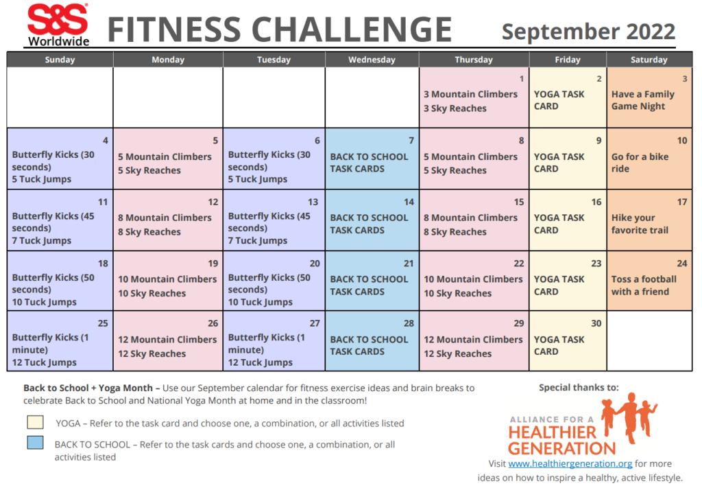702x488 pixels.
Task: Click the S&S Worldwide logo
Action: pyautogui.click(x=58, y=25)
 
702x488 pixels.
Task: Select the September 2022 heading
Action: pyautogui.click(x=588, y=31)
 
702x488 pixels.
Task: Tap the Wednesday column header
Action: pyautogui.click(x=372, y=60)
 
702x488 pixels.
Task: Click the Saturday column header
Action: pyautogui.click(x=649, y=60)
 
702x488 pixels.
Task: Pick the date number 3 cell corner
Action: pyautogui.click(x=684, y=79)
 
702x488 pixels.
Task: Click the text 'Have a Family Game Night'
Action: pyautogui.click(x=642, y=100)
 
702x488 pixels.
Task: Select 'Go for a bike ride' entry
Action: pyautogui.click(x=640, y=163)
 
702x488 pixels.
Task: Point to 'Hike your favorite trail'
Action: pyautogui.click(x=640, y=224)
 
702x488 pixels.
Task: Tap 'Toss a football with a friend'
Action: pyautogui.click(x=644, y=286)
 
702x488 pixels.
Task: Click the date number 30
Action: pyautogui.click(x=596, y=323)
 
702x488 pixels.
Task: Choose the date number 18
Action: pyautogui.click(x=103, y=264)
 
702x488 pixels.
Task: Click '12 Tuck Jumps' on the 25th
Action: pyautogui.click(x=44, y=362)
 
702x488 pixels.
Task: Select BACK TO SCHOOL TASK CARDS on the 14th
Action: pyautogui.click(x=369, y=224)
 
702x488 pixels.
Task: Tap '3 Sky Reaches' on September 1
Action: pyautogui.click(x=455, y=108)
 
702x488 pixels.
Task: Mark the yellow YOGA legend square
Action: pyautogui.click(x=36, y=422)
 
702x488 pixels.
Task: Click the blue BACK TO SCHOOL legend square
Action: pyautogui.click(x=36, y=443)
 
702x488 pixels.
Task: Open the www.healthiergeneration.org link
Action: pyautogui.click(x=570, y=464)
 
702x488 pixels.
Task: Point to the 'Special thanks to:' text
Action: pyautogui.click(x=579, y=387)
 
